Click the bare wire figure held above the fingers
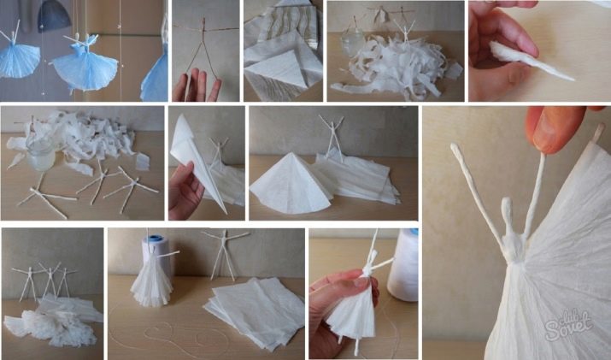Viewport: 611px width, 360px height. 203,43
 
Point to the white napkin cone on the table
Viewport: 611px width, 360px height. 286,184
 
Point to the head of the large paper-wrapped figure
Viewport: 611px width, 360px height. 507,208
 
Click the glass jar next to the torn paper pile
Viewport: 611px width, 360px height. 352,42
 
